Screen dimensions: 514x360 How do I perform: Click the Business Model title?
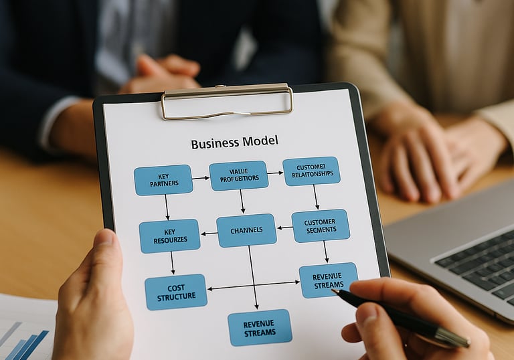tap(234, 143)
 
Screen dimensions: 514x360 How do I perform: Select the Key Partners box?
tap(163, 180)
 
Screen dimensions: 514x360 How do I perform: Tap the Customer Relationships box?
tap(311, 171)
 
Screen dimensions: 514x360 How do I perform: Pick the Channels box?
tap(246, 230)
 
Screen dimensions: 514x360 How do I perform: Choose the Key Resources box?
tap(169, 236)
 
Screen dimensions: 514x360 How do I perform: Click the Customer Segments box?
tap(321, 226)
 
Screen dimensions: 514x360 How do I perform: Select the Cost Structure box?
tap(176, 292)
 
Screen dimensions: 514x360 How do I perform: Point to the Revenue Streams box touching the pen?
tap(327, 279)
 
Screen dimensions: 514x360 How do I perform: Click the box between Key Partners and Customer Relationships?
tap(238, 175)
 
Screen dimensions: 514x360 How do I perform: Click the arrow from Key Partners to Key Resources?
tap(167, 207)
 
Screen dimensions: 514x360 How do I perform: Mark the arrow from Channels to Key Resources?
tap(209, 234)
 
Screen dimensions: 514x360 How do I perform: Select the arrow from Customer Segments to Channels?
tap(284, 228)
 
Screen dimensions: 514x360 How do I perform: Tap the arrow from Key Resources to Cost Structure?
tap(172, 262)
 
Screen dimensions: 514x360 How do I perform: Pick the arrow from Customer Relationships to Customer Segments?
tap(316, 197)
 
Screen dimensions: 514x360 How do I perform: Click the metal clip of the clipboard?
tap(226, 101)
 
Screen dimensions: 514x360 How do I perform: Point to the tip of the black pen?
tap(335, 292)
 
